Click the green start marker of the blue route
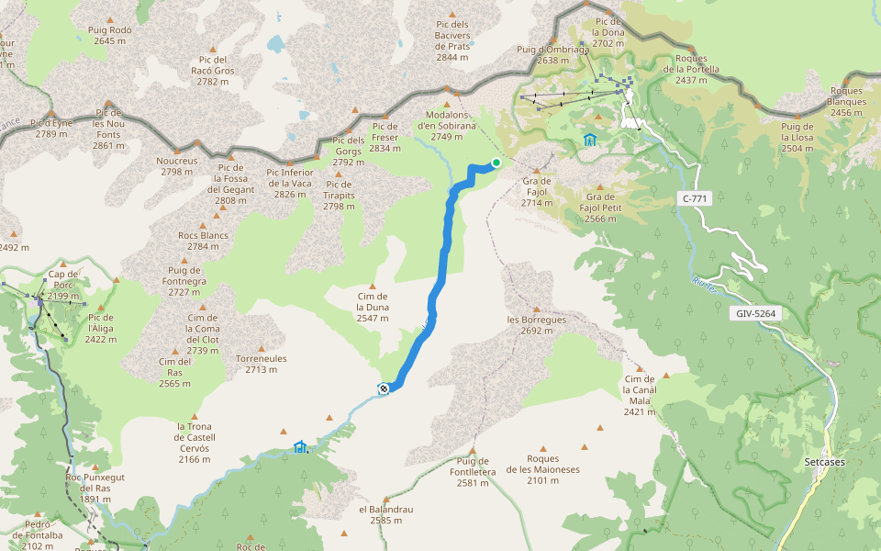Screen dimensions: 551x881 496,163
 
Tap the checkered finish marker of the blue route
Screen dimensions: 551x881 384,388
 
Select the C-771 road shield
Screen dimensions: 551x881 697,198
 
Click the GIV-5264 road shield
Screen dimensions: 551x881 756,314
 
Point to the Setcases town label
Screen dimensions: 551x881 823,462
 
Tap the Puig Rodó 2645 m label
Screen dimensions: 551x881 110,35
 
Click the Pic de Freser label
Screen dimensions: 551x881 385,137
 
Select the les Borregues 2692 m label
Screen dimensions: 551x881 537,325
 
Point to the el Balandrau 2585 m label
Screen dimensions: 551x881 380,514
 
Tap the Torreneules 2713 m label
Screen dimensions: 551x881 261,364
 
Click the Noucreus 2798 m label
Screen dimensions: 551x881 178,166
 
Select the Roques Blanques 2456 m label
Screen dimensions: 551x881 846,101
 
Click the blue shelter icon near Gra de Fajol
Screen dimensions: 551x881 589,140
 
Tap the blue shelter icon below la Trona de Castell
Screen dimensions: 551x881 299,447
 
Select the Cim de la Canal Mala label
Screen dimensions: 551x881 640,395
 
